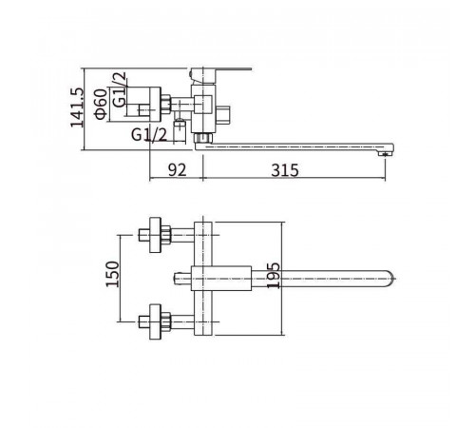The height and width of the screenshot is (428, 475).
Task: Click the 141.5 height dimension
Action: point(78,107)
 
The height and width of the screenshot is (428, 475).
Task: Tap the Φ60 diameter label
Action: point(101,104)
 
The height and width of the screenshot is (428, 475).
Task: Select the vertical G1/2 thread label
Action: point(120,89)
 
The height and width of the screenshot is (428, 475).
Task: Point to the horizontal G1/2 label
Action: point(149,135)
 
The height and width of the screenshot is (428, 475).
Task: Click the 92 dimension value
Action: point(177,170)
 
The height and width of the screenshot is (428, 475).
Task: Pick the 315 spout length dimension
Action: point(285,170)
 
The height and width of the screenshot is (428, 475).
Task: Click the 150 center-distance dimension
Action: point(112,274)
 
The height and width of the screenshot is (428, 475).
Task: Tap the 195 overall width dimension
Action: point(274,276)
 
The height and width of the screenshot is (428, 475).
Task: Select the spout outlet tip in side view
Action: point(385,154)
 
